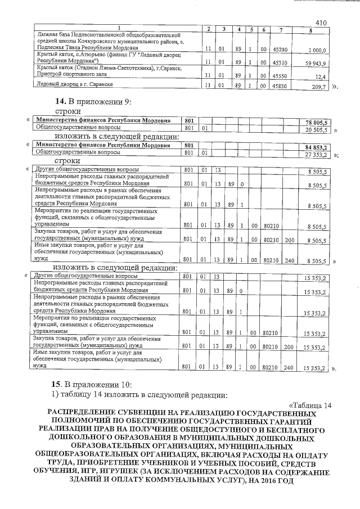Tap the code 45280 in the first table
tap(280, 49)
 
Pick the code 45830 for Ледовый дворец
tap(280, 86)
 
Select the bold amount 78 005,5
tap(317, 122)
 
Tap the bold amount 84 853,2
tap(317, 147)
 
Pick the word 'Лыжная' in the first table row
tap(46, 35)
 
